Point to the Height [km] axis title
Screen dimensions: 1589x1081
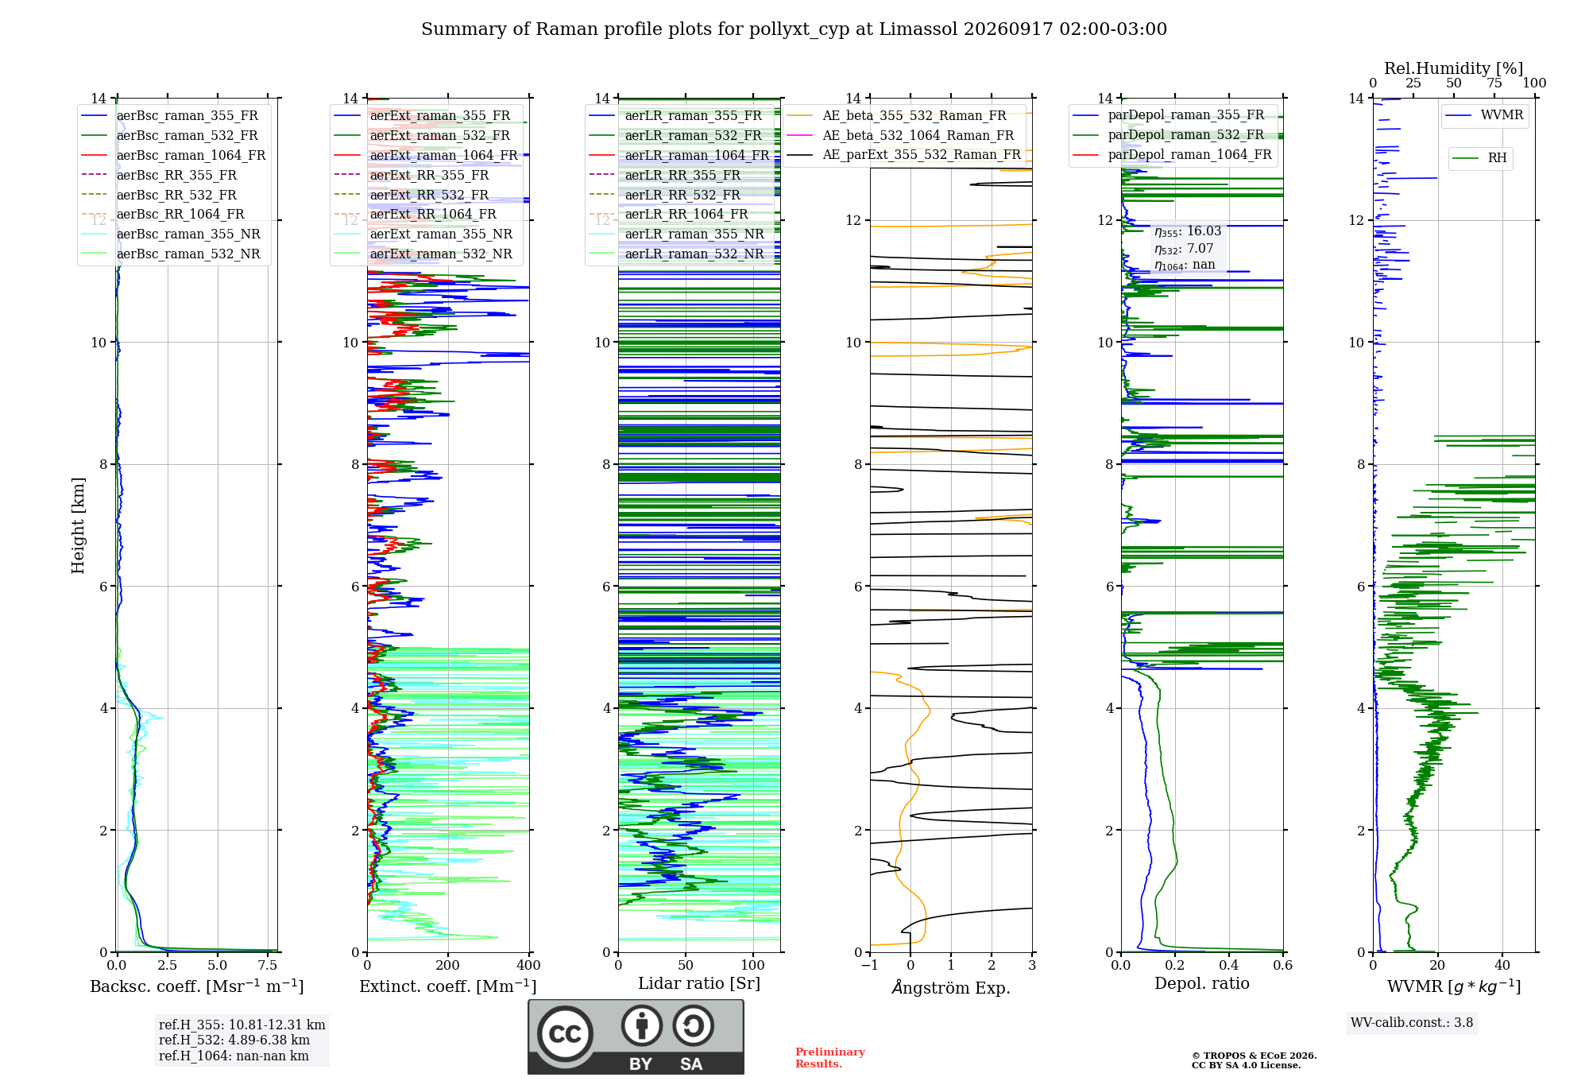pos(78,525)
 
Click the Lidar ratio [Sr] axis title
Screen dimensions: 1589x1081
pos(699,983)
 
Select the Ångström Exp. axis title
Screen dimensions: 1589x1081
pos(951,987)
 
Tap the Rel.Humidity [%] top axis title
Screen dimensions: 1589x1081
pos(1454,68)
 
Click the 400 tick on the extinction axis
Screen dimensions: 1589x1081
pos(528,965)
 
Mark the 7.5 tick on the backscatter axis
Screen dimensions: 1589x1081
pos(268,965)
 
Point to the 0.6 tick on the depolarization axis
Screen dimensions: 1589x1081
pos(1283,965)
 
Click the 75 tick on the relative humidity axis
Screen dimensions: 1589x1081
pos(1494,83)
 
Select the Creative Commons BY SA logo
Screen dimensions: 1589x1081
pos(636,1036)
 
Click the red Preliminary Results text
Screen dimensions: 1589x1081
pos(830,1058)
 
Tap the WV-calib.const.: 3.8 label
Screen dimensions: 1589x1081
pos(1412,1023)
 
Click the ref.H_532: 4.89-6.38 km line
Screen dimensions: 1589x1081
pos(234,1040)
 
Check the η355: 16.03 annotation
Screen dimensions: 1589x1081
pos(1188,231)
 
